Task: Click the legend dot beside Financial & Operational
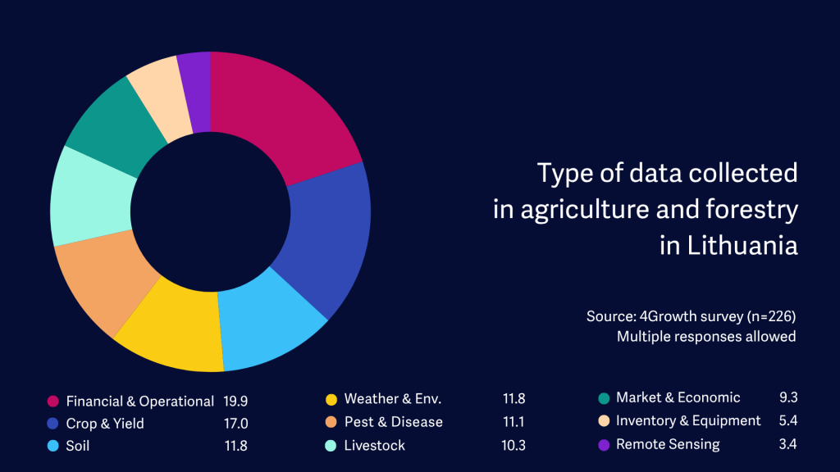pyautogui.click(x=53, y=401)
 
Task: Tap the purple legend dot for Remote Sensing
pyautogui.click(x=604, y=445)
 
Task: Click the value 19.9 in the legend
pyautogui.click(x=235, y=401)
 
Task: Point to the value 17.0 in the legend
pyautogui.click(x=235, y=423)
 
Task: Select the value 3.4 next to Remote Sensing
pyautogui.click(x=787, y=445)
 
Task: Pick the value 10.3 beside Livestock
pyautogui.click(x=514, y=445)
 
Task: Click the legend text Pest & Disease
pyautogui.click(x=393, y=422)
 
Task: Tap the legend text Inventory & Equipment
pyautogui.click(x=688, y=421)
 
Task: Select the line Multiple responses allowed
pyautogui.click(x=706, y=336)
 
